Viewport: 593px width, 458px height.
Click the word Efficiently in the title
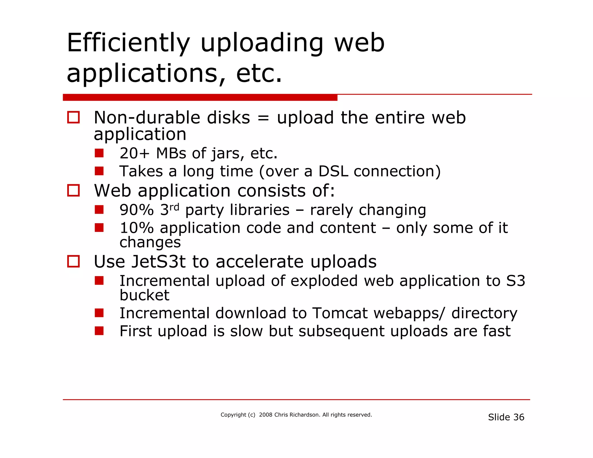point(128,43)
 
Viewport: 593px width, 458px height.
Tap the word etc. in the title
point(259,74)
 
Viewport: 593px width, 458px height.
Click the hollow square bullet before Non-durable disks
point(73,118)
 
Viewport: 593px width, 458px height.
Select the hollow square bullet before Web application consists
point(73,190)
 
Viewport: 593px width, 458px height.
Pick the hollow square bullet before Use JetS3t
point(73,261)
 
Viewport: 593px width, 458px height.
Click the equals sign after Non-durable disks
point(263,118)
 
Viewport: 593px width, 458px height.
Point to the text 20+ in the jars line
point(134,153)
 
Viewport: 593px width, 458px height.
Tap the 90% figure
point(136,210)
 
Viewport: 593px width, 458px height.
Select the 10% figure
point(136,228)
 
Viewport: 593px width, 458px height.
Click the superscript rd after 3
point(174,207)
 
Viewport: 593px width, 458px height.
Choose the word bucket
point(144,295)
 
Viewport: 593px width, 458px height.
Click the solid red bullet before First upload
point(99,331)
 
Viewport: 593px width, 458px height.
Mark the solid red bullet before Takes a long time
point(99,171)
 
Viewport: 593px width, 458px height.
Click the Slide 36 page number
point(506,417)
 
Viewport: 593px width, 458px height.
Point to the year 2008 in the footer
point(266,415)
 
